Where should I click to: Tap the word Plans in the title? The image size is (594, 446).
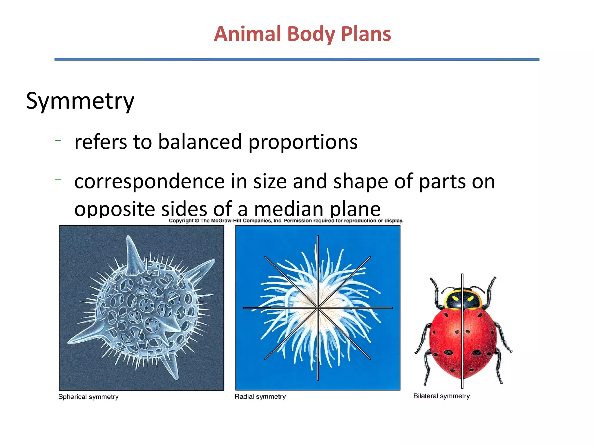pyautogui.click(x=366, y=34)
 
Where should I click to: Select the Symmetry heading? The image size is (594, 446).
pyautogui.click(x=80, y=101)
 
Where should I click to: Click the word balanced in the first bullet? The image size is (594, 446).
pyautogui.click(x=200, y=142)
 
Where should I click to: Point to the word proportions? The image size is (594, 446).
pyautogui.click(x=303, y=143)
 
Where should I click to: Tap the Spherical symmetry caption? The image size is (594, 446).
pyautogui.click(x=88, y=397)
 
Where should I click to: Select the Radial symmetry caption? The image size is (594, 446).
pyautogui.click(x=260, y=397)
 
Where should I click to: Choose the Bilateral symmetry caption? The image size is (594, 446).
pyautogui.click(x=441, y=396)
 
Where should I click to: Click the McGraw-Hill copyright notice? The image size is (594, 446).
pyautogui.click(x=286, y=221)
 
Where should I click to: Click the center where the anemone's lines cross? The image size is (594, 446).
pyautogui.click(x=318, y=307)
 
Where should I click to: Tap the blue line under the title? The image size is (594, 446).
pyautogui.click(x=297, y=60)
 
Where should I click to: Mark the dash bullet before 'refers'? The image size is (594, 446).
pyautogui.click(x=58, y=141)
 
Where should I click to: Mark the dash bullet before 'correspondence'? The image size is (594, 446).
pyautogui.click(x=58, y=180)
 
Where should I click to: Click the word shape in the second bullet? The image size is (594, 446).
pyautogui.click(x=361, y=181)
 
